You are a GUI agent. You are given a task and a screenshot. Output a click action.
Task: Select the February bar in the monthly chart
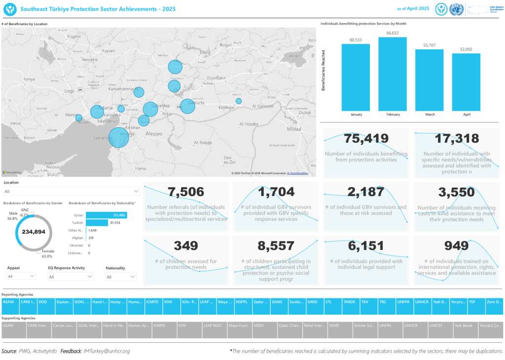393,74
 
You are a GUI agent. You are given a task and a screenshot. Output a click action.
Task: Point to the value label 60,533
356,40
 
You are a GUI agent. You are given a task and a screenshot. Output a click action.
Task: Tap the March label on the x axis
430,114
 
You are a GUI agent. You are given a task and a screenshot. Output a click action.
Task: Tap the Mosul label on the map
293,129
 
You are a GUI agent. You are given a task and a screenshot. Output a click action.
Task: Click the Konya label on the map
29,79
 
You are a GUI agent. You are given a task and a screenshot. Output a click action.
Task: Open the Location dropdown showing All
72,191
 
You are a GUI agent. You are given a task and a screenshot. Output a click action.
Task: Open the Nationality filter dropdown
121,277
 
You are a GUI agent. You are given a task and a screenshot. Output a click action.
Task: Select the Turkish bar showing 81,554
97,223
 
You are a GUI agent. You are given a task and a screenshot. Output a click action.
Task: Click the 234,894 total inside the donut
34,232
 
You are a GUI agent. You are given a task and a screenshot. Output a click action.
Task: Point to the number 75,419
366,139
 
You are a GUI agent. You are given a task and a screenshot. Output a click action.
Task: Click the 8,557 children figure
276,246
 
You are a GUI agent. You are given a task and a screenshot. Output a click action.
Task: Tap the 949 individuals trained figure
456,246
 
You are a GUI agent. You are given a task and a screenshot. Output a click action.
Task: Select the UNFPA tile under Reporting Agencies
404,301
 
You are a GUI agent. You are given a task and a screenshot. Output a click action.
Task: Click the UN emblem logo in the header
456,9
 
